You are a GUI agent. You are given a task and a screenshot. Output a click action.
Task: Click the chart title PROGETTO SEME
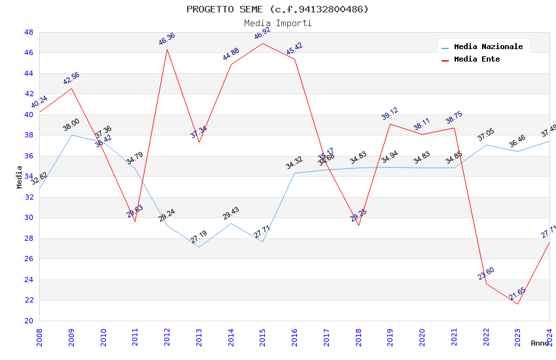pos(277,9)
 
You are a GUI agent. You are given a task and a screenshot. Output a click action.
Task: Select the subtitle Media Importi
pos(277,23)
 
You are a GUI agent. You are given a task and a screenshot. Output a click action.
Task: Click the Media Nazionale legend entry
pos(488,46)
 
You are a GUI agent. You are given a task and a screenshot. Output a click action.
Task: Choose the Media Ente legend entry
pos(476,59)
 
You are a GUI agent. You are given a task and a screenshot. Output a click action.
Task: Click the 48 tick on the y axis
pos(28,32)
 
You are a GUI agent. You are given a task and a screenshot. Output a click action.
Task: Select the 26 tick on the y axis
pos(28,259)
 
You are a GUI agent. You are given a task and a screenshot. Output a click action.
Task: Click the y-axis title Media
pos(20,177)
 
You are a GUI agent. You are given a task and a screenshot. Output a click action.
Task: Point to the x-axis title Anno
pos(540,343)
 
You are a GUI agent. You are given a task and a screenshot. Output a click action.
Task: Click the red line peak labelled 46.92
pos(262,43)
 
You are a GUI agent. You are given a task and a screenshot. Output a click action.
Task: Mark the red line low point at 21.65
pos(517,304)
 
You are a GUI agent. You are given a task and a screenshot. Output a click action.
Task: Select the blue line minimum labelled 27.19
pos(199,247)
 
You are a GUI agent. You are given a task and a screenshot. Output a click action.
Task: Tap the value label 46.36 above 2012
pos(167,39)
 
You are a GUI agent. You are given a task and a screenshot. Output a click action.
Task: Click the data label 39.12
pos(390,114)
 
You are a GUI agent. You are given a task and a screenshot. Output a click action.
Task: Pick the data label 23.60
pos(485,274)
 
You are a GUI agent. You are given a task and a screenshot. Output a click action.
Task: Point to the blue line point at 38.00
pos(71,135)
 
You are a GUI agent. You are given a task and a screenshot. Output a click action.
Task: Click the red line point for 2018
pos(358,225)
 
